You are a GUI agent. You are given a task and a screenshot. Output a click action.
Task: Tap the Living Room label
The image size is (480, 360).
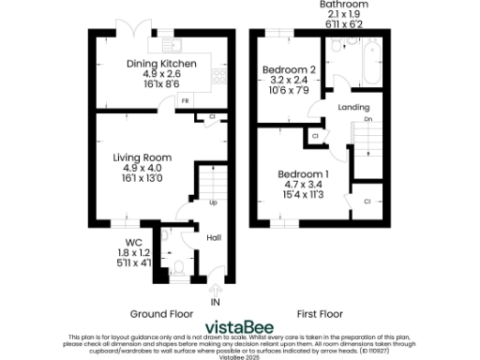point(138,157)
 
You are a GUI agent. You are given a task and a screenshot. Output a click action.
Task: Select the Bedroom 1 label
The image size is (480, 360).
point(303,174)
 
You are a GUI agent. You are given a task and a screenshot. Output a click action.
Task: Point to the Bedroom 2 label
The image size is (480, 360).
point(288,70)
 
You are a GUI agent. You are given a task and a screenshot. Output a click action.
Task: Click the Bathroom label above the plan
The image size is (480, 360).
point(344,5)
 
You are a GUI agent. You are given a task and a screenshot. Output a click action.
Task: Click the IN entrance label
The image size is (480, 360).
point(215,303)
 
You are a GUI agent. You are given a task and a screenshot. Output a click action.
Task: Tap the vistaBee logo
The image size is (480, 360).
point(240,326)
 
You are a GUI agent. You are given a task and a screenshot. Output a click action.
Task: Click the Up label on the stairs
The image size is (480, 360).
point(213,202)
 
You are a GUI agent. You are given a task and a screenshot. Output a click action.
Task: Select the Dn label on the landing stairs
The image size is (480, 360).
point(368,120)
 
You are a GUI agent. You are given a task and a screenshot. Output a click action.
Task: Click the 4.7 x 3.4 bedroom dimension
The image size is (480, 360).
point(303,186)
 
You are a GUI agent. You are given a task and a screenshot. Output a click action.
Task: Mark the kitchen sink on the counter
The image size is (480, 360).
point(172,43)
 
